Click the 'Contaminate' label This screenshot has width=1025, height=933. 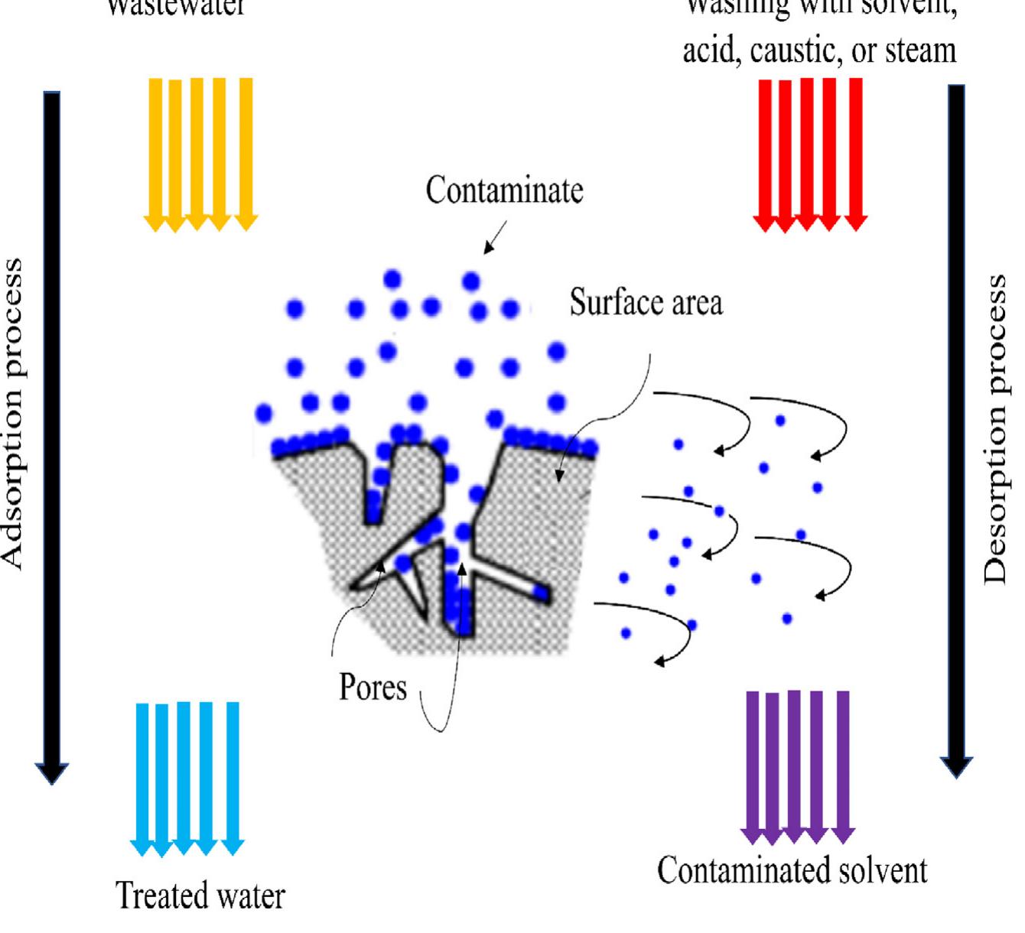[x=504, y=190]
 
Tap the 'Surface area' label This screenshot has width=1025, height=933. [x=646, y=303]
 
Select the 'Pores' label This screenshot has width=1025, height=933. [x=373, y=688]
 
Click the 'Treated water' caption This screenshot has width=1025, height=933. [x=200, y=896]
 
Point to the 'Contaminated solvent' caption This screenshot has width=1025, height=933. [x=792, y=870]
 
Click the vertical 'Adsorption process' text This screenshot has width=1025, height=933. [x=13, y=413]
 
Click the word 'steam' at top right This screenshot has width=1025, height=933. [x=920, y=51]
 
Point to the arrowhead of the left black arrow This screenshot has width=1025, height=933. [x=51, y=772]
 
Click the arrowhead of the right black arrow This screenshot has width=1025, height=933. [x=956, y=766]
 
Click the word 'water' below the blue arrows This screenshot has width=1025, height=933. [x=247, y=896]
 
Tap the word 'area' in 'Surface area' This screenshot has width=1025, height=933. [x=694, y=303]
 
